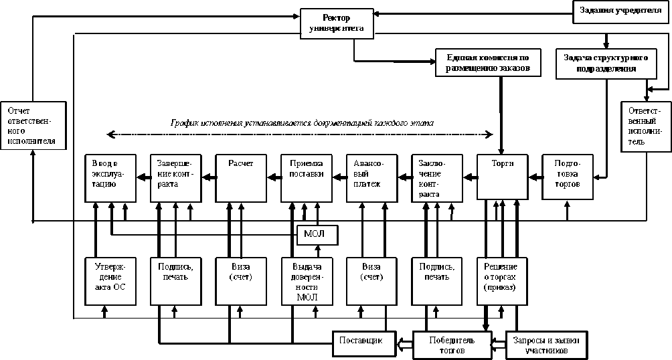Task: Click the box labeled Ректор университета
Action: (337, 21)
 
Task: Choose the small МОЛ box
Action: (317, 235)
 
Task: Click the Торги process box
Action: (503, 177)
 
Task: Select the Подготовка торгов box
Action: (568, 177)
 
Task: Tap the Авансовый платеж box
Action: (371, 177)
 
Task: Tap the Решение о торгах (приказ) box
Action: (502, 278)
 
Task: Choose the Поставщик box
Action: (361, 341)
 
